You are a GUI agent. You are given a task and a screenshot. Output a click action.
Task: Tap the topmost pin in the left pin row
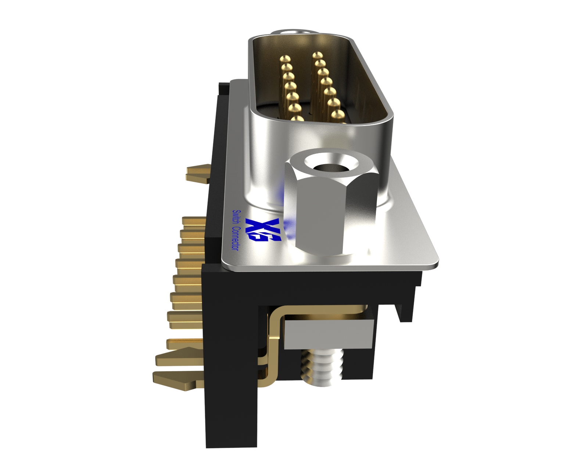tap(285, 59)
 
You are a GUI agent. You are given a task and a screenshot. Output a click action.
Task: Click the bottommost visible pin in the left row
tap(297, 118)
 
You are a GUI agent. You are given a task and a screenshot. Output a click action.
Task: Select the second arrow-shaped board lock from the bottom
tap(176, 357)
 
